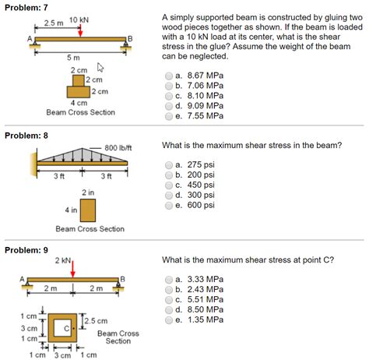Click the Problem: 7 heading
point(26,6)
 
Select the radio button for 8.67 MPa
point(169,76)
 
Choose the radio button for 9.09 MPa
point(169,106)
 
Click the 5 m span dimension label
point(72,58)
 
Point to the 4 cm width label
point(79,103)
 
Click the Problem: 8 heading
point(26,135)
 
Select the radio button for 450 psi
point(169,185)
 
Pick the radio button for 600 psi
point(169,206)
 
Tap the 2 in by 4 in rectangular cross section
point(87,210)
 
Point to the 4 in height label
point(71,210)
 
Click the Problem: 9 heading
point(26,249)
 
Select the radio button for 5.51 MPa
point(169,299)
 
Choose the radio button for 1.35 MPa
point(169,319)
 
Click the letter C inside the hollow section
point(68,329)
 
